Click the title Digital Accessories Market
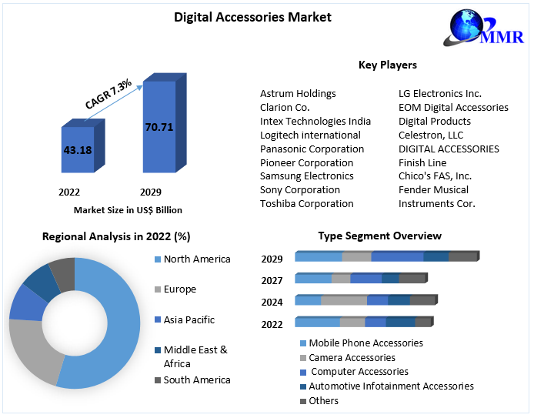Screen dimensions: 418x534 pyautogui.click(x=242, y=16)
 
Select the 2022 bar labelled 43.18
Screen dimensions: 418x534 pyautogui.click(x=78, y=150)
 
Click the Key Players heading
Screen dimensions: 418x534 pyautogui.click(x=388, y=65)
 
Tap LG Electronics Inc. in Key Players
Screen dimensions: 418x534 pyautogui.click(x=440, y=93)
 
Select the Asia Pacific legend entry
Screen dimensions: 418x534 pyautogui.click(x=189, y=319)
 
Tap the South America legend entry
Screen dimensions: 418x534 pyautogui.click(x=196, y=380)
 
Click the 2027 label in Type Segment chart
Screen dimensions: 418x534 pyautogui.click(x=272, y=281)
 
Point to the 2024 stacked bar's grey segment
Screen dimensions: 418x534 pyautogui.click(x=344, y=299)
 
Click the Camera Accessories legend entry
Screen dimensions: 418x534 pyautogui.click(x=352, y=357)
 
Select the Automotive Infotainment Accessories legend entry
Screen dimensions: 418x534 pyautogui.click(x=391, y=386)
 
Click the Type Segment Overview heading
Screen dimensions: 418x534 pyautogui.click(x=380, y=236)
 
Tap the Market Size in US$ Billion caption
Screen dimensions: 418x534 pyautogui.click(x=128, y=209)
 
